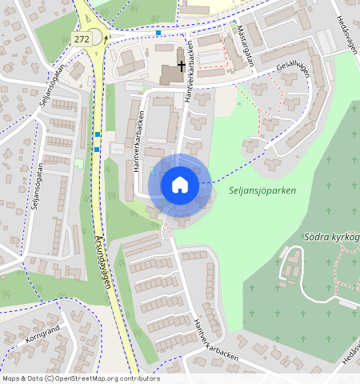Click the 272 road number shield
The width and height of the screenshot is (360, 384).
81,38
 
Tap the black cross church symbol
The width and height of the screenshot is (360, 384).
182,66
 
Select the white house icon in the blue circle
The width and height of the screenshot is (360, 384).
180,185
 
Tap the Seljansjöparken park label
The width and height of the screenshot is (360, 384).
262,191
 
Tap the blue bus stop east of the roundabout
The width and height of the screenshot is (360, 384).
159,33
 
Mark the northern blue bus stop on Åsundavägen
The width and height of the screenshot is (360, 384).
98,134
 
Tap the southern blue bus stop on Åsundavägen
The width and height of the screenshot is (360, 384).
96,149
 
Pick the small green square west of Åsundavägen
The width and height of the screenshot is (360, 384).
78,162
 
